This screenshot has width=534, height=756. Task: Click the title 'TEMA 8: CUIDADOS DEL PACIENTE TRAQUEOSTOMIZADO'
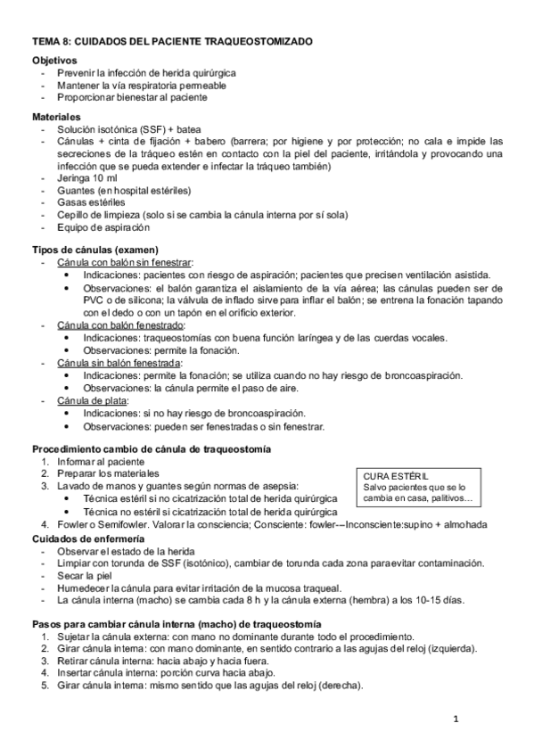pos(172,42)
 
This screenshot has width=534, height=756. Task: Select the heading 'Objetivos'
pos(55,60)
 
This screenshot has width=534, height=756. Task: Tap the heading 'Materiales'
pos(57,117)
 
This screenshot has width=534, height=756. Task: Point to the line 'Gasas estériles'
pos(92,202)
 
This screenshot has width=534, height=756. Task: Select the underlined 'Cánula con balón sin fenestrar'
pos(125,262)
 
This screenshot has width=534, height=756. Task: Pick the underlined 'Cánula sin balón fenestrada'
pos(119,363)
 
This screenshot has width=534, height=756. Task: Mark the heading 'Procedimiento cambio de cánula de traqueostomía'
pos(152,448)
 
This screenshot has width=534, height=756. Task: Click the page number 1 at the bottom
pos(454,719)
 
